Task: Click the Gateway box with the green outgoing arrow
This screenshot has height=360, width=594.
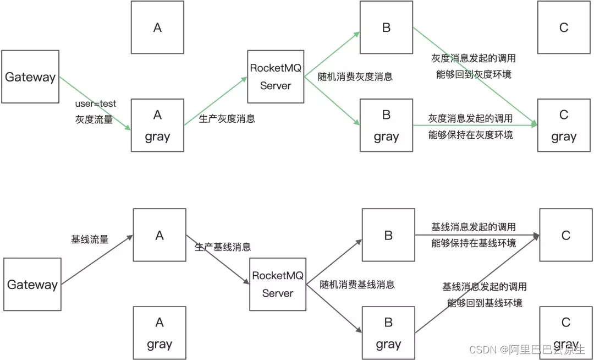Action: (x=30, y=77)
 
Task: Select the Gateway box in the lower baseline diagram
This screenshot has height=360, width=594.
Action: (x=32, y=285)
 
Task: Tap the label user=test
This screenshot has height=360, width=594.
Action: (x=96, y=103)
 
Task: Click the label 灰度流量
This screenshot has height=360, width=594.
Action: (x=94, y=119)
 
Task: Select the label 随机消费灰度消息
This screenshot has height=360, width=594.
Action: (x=355, y=77)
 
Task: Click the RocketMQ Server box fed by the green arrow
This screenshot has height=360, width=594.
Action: (x=276, y=77)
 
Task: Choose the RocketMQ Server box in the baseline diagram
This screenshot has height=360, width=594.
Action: (x=278, y=284)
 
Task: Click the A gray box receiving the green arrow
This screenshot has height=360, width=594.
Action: (x=157, y=126)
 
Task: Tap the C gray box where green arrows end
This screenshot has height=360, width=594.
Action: (x=563, y=126)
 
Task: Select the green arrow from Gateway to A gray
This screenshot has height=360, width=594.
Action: (x=95, y=103)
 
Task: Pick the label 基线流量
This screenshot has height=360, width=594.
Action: (x=90, y=239)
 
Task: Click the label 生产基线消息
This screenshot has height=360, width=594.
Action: (x=223, y=247)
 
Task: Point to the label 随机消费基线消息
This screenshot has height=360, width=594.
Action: (x=358, y=285)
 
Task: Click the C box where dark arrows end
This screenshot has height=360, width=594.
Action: (x=565, y=235)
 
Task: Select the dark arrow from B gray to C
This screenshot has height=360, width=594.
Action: (x=476, y=284)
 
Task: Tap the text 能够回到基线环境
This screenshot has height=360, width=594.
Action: (x=485, y=303)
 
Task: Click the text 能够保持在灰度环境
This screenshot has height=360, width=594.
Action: (x=470, y=134)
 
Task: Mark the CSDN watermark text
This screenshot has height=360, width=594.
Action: (x=526, y=350)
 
